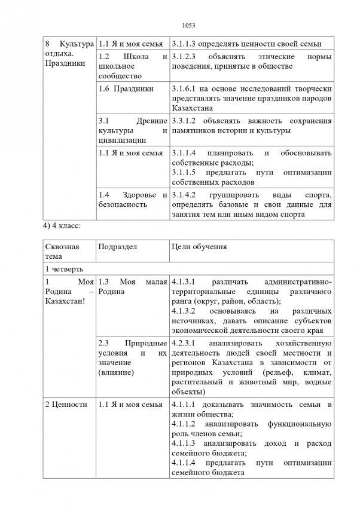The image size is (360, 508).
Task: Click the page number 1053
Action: [180, 25]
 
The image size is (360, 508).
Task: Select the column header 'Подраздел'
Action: [115, 246]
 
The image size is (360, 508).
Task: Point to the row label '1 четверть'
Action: [63, 269]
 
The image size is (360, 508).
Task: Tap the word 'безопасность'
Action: [122, 204]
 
